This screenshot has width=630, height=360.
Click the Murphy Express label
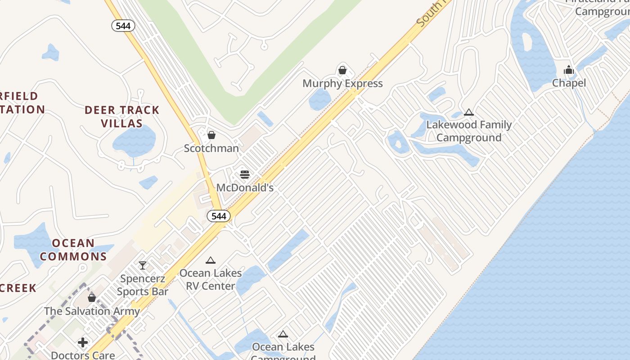pos(342,83)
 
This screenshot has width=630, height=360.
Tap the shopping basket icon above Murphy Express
pos(342,70)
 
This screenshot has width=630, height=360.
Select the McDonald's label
pos(245,187)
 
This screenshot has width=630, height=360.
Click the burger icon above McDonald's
pos(245,174)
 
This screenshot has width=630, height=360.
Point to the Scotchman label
pos(211,148)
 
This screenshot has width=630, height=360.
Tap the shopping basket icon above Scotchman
pos(211,135)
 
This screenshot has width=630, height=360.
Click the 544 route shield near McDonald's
pos(219,216)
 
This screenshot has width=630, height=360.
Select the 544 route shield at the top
pos(123,26)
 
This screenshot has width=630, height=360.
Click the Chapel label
pos(569,83)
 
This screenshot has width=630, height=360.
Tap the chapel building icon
pos(569,70)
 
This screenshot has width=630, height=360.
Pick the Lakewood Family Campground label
pos(469,131)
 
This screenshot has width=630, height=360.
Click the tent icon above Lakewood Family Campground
pos(469,112)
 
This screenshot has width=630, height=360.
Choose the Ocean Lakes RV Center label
pos(210,279)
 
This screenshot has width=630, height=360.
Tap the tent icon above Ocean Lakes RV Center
pos(210,260)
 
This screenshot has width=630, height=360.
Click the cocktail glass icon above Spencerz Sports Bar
pos(143,265)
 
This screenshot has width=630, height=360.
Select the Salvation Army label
pos(92,311)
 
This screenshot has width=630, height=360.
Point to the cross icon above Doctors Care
pos(83,343)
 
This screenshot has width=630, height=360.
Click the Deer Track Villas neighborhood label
pos(122,117)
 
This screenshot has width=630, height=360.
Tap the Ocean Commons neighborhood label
pos(73,250)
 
